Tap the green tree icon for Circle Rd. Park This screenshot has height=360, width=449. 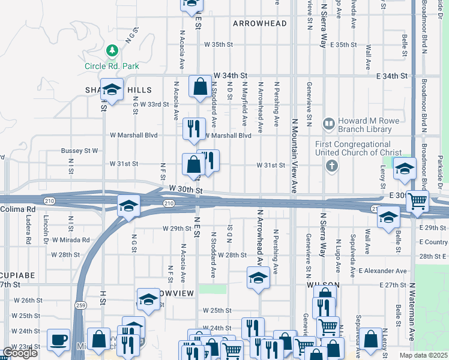(x=110, y=49)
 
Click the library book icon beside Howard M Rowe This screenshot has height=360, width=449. (x=328, y=124)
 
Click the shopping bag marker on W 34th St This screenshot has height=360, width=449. (x=199, y=87)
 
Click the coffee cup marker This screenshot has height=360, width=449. (x=58, y=340)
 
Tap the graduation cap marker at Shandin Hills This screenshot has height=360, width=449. (x=111, y=91)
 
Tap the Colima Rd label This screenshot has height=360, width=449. (x=18, y=209)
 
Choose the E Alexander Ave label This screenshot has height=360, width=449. (x=382, y=271)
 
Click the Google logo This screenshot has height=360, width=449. (x=20, y=353)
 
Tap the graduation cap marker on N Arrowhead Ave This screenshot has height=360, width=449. (x=258, y=278)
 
